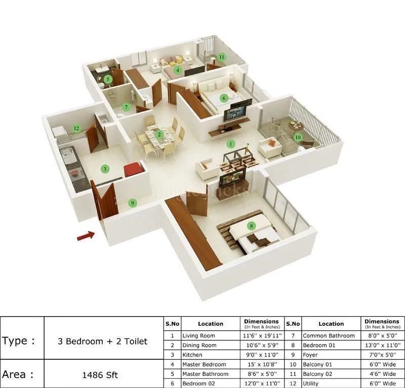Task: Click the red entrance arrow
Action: click(x=86, y=235)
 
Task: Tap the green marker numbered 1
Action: click(x=231, y=144)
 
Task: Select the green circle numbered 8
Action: click(x=251, y=226)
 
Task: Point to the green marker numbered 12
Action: click(x=76, y=128)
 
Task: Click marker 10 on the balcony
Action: click(x=298, y=137)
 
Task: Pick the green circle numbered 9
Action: click(x=133, y=203)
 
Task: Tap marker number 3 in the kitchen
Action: click(x=105, y=168)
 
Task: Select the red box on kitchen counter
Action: click(x=133, y=169)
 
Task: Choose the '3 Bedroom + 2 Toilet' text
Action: click(x=103, y=341)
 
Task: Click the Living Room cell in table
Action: click(x=198, y=335)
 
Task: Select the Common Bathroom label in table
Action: click(x=329, y=335)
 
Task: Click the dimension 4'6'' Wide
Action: click(x=382, y=374)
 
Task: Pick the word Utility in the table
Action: click(x=311, y=383)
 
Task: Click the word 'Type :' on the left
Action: click(x=19, y=340)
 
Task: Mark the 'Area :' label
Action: click(x=19, y=374)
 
